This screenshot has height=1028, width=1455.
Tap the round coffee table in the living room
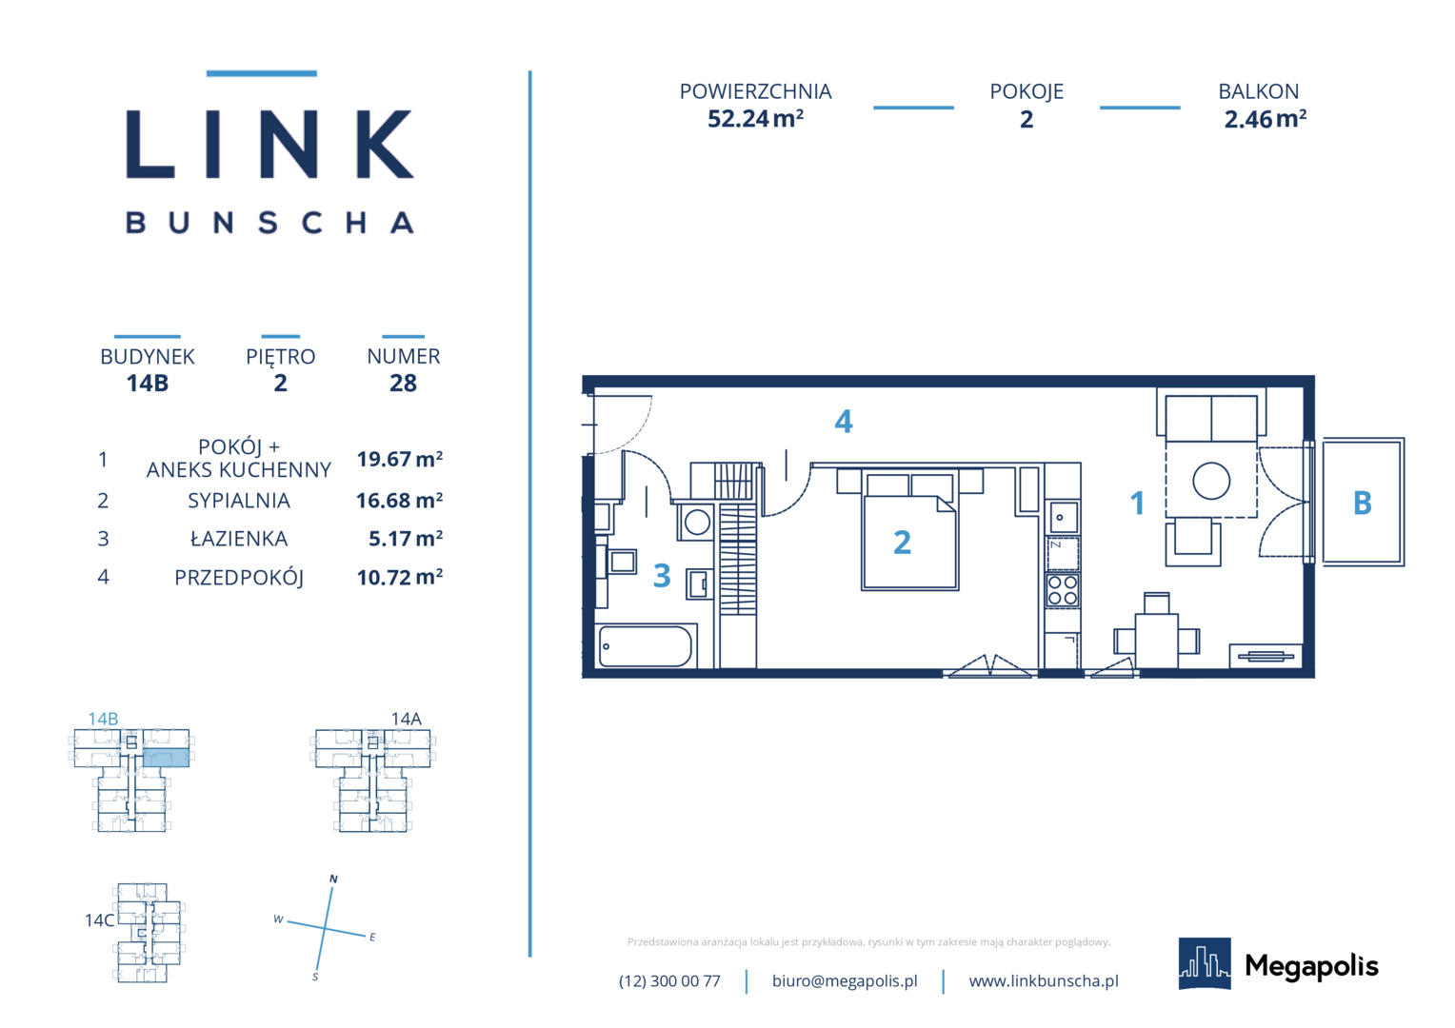pos(1211,482)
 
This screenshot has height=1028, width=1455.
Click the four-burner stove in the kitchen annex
pos(1063,591)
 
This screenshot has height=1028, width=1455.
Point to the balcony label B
pos(1362,503)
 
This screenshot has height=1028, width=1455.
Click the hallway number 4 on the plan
pos(843,422)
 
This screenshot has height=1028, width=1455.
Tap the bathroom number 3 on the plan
pos(662,575)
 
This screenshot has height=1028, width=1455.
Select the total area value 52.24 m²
pos(755,119)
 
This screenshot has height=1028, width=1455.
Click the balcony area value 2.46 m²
pos(1265,119)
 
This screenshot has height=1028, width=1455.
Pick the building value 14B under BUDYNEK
pos(148,384)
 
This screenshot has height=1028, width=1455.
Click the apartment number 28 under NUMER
pos(403,384)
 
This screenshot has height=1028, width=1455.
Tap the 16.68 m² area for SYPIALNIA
pos(400,500)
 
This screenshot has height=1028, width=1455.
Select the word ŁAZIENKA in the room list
pos(238,539)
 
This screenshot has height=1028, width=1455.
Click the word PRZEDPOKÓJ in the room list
pos(239,578)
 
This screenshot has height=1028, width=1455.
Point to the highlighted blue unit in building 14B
pos(167,758)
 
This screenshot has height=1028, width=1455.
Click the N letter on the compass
pos(333,879)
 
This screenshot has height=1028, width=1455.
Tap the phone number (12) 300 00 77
pos(669,980)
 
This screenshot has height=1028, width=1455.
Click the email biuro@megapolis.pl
pos(845,980)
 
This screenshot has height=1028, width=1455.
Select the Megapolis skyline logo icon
pos(1205,963)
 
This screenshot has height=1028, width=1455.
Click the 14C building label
pos(99,920)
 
